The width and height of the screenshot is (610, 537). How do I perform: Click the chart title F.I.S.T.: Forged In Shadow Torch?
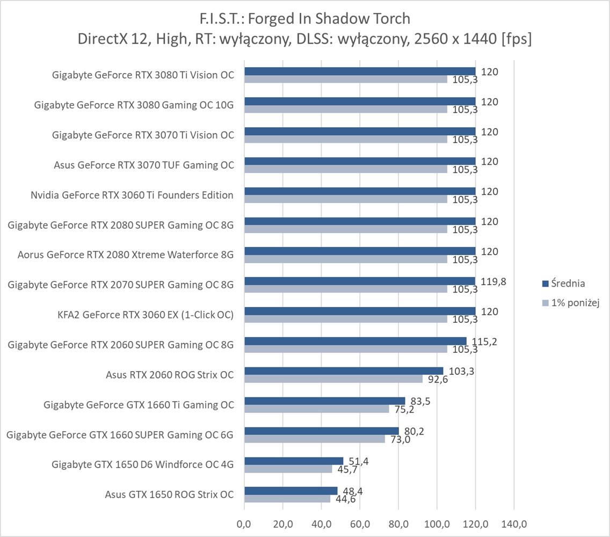pyautogui.click(x=304, y=19)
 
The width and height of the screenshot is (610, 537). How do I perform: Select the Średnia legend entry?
pyautogui.click(x=564, y=284)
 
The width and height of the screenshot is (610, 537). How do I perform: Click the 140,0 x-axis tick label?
pyautogui.click(x=513, y=524)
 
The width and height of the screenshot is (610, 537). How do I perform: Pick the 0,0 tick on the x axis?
pyautogui.click(x=244, y=524)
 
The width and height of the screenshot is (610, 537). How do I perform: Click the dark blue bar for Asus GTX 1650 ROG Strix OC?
pyautogui.click(x=291, y=491)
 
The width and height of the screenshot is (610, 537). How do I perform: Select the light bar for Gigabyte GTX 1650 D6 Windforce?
pyautogui.click(x=288, y=469)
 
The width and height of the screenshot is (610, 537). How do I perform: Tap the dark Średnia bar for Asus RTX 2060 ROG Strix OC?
pyautogui.click(x=344, y=371)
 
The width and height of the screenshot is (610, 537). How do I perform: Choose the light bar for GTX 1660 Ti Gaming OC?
pyautogui.click(x=316, y=409)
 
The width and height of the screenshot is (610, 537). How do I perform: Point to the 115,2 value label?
pyautogui.click(x=484, y=341)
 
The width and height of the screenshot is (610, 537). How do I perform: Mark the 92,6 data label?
pyautogui.click(x=437, y=380)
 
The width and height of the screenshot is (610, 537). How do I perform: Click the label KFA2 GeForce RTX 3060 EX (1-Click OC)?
pyautogui.click(x=146, y=315)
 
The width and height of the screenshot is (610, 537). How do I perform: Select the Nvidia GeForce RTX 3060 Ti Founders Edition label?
pyautogui.click(x=132, y=195)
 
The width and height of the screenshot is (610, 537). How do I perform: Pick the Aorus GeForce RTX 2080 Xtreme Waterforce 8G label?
pyautogui.click(x=126, y=255)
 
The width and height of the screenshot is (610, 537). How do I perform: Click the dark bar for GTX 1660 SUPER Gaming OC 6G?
pyautogui.click(x=322, y=431)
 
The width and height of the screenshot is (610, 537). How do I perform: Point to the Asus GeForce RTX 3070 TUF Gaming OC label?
pyautogui.click(x=144, y=165)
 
